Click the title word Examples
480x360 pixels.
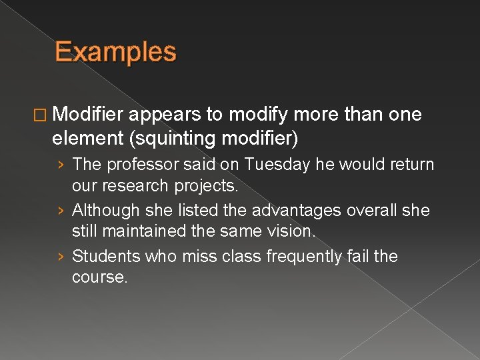pyautogui.click(x=115, y=52)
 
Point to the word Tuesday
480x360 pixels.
pyautogui.click(x=271, y=164)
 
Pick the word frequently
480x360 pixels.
pyautogui.click(x=293, y=257)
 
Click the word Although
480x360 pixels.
pyautogui.click(x=101, y=210)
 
